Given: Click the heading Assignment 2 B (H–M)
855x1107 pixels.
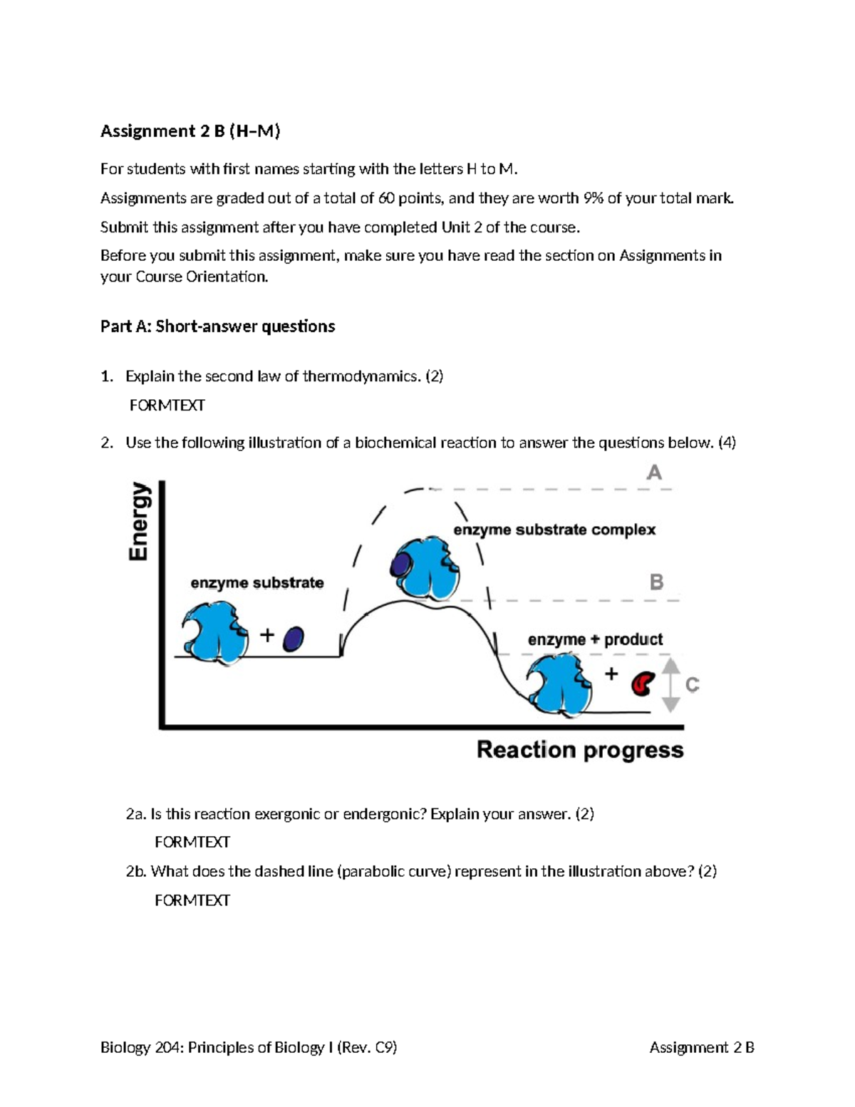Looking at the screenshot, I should (190, 131).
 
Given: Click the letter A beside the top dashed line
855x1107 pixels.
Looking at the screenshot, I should (653, 473).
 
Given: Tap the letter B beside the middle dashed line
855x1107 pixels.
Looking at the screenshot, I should (656, 582).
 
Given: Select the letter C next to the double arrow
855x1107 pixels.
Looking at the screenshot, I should (692, 685).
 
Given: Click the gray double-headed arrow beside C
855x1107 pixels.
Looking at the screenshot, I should (670, 685).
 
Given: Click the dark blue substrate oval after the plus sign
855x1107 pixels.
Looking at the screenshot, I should (294, 639).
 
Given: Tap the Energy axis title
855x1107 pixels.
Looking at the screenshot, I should (140, 521).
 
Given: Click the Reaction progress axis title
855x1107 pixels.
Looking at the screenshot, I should (580, 750).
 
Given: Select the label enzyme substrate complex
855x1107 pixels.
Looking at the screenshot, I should (554, 530).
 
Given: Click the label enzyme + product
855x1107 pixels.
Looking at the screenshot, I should (595, 639).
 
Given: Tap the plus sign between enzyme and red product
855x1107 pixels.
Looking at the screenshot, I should (611, 674).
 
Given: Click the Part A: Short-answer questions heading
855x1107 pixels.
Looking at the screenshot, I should (217, 326).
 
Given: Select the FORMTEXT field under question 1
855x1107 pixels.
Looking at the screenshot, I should (167, 406).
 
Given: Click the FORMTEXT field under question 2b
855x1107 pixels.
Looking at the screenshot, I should (192, 900).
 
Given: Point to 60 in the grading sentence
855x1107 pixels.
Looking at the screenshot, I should (386, 198).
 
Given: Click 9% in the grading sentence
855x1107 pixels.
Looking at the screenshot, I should (593, 198).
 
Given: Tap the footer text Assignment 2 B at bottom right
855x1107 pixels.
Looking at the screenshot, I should (701, 1047).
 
